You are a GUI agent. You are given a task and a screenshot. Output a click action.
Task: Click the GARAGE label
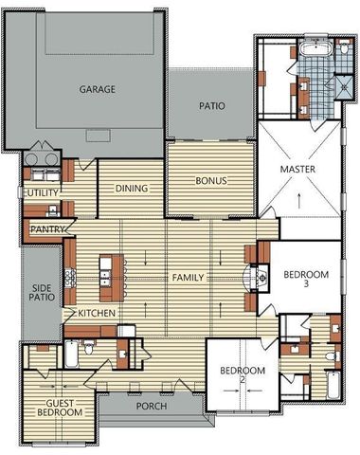tap(97, 89)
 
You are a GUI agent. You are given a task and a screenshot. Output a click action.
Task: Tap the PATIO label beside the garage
tap(212, 105)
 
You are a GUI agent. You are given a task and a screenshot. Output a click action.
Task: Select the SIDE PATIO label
tap(42, 293)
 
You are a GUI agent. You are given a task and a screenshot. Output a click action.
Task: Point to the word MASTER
tap(297, 169)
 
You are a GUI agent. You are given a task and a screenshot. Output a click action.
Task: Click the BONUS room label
tap(211, 180)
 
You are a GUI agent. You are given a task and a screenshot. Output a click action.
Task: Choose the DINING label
tap(132, 189)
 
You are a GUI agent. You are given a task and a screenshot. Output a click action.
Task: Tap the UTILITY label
tap(42, 192)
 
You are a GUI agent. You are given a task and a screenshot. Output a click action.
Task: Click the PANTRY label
tap(47, 229)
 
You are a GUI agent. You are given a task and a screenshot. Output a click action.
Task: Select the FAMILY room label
tap(188, 278)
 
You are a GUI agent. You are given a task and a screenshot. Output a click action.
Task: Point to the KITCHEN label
tap(97, 313)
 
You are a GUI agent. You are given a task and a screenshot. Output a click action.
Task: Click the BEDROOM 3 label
tap(306, 279)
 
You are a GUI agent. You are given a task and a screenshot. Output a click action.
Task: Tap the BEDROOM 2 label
tap(243, 374)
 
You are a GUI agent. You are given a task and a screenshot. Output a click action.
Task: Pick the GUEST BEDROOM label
tap(60, 408)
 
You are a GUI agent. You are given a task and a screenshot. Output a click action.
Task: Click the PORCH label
tap(152, 406)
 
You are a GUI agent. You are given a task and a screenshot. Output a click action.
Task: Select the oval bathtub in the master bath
tap(315, 49)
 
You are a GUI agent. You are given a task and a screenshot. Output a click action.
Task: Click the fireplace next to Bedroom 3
tap(259, 278)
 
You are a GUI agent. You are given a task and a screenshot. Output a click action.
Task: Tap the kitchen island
tap(112, 278)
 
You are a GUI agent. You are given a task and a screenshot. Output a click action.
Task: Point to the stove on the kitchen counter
tap(70, 278)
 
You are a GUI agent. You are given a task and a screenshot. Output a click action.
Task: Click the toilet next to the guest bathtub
tap(88, 347)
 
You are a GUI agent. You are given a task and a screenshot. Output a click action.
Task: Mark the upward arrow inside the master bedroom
tap(298, 201)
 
